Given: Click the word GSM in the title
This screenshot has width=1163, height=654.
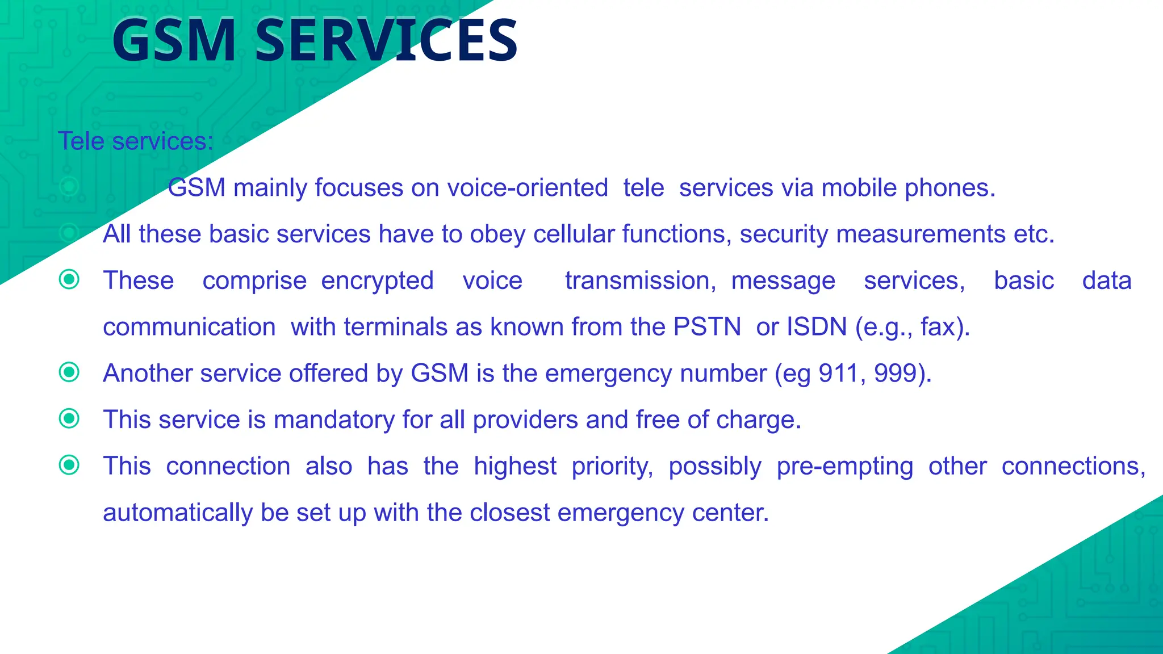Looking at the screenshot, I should click(x=174, y=41).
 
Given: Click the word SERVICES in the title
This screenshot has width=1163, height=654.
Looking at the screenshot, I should click(x=386, y=41).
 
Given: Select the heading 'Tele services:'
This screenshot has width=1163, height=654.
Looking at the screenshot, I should click(x=136, y=141).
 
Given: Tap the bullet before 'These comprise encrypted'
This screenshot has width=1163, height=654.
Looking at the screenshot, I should click(x=69, y=279).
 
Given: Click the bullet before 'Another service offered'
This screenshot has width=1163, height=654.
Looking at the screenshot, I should click(x=69, y=372).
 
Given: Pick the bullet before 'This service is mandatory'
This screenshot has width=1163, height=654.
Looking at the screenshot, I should click(x=69, y=419).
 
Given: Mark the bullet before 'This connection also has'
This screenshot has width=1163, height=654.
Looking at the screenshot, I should click(x=69, y=466).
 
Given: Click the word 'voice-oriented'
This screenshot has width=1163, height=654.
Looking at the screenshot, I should click(x=528, y=188).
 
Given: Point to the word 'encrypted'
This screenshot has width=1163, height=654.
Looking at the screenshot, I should click(x=378, y=281).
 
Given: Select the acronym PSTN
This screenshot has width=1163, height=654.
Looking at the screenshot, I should click(x=707, y=327).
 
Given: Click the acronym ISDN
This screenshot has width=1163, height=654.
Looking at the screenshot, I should click(x=817, y=327).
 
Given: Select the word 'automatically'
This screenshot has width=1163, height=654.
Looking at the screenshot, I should click(x=178, y=513).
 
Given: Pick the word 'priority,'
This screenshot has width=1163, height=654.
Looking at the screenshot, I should click(x=613, y=467).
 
